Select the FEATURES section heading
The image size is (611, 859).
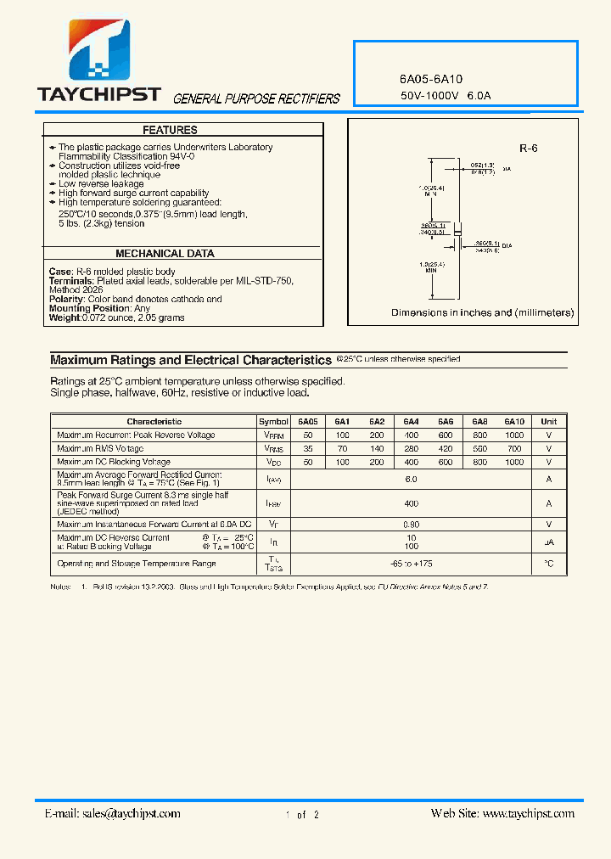[x=170, y=130]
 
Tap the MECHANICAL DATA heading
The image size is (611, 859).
[x=165, y=254]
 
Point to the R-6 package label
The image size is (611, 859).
[x=528, y=149]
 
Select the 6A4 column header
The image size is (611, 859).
[x=411, y=422]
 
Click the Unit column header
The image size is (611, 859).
[x=548, y=422]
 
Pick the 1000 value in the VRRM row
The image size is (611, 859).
[x=514, y=435]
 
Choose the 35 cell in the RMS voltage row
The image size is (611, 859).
[x=307, y=449]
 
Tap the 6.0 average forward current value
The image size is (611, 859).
[x=411, y=480]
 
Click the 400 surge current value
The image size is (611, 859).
[x=411, y=503]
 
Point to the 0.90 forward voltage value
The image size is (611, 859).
[x=411, y=525]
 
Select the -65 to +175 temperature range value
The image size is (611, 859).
[x=411, y=564]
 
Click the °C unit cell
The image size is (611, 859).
[x=548, y=564]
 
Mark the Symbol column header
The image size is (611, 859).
[x=273, y=422]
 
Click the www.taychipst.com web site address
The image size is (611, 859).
[x=528, y=813]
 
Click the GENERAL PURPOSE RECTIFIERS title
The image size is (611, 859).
[x=256, y=99]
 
